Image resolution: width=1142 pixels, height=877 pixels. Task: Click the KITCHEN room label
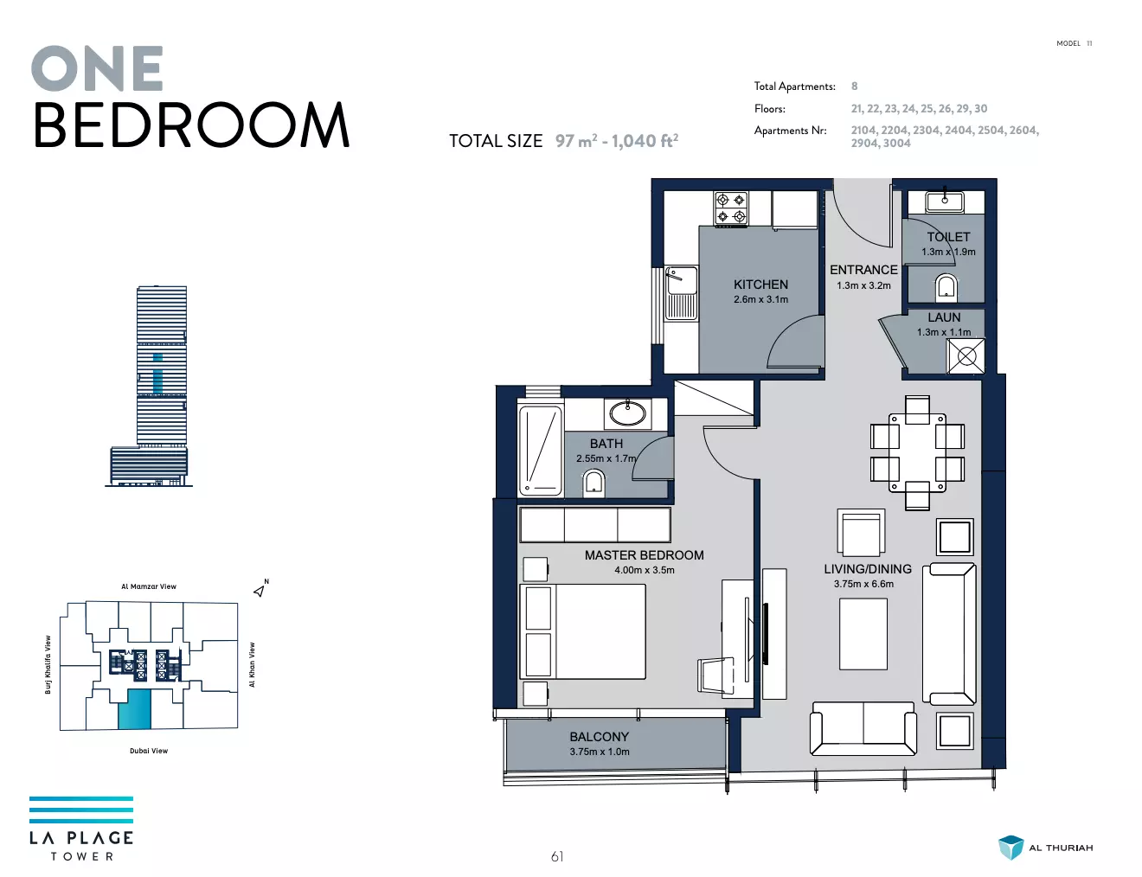[760, 285]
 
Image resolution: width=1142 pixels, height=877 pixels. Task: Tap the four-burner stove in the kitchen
[731, 208]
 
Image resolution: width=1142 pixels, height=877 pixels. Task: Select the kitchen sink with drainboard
[681, 293]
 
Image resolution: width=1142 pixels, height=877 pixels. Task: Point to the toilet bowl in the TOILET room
[946, 288]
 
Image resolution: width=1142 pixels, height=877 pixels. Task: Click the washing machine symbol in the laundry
[966, 356]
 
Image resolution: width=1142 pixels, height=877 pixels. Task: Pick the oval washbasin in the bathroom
[627, 413]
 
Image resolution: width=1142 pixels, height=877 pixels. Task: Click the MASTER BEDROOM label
[644, 555]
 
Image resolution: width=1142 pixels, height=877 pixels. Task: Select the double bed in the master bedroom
[582, 631]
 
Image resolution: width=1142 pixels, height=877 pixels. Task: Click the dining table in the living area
[917, 452]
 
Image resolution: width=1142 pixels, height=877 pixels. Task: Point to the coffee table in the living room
[863, 634]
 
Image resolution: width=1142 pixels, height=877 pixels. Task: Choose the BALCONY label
[599, 737]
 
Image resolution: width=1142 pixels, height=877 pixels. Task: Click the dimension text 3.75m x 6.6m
[863, 584]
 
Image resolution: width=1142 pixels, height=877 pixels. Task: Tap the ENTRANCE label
[863, 270]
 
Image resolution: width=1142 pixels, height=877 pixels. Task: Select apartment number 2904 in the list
[864, 144]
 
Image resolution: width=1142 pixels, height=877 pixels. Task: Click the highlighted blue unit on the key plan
[135, 709]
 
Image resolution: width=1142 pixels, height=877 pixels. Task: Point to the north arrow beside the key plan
[259, 592]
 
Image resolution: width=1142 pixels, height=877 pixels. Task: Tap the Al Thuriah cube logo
[1010, 847]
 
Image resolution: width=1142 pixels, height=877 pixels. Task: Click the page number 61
[557, 857]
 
